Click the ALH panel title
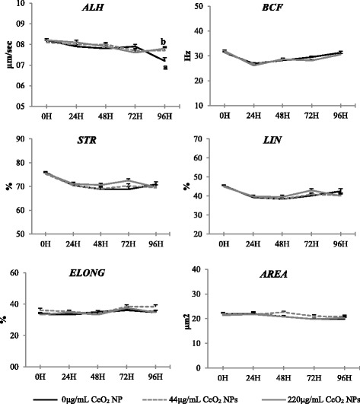(95, 8)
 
